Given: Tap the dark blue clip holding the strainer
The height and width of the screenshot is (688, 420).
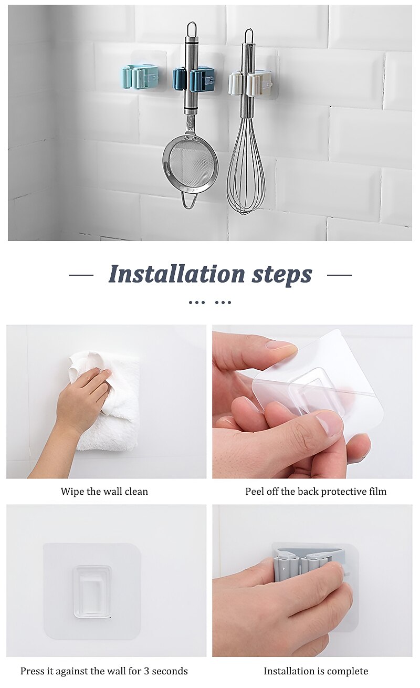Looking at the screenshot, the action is (x=193, y=80).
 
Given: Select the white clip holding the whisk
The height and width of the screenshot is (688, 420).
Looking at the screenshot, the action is (x=250, y=83).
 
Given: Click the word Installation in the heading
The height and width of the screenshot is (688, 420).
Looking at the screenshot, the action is (x=177, y=274).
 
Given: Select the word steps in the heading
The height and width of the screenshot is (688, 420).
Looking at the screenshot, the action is (x=282, y=275).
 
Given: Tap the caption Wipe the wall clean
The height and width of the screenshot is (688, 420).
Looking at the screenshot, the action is (x=104, y=492).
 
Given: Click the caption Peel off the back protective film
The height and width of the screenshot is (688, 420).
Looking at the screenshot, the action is (x=316, y=492).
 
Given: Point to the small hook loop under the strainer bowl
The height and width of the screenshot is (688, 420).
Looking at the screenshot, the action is (x=188, y=200).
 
